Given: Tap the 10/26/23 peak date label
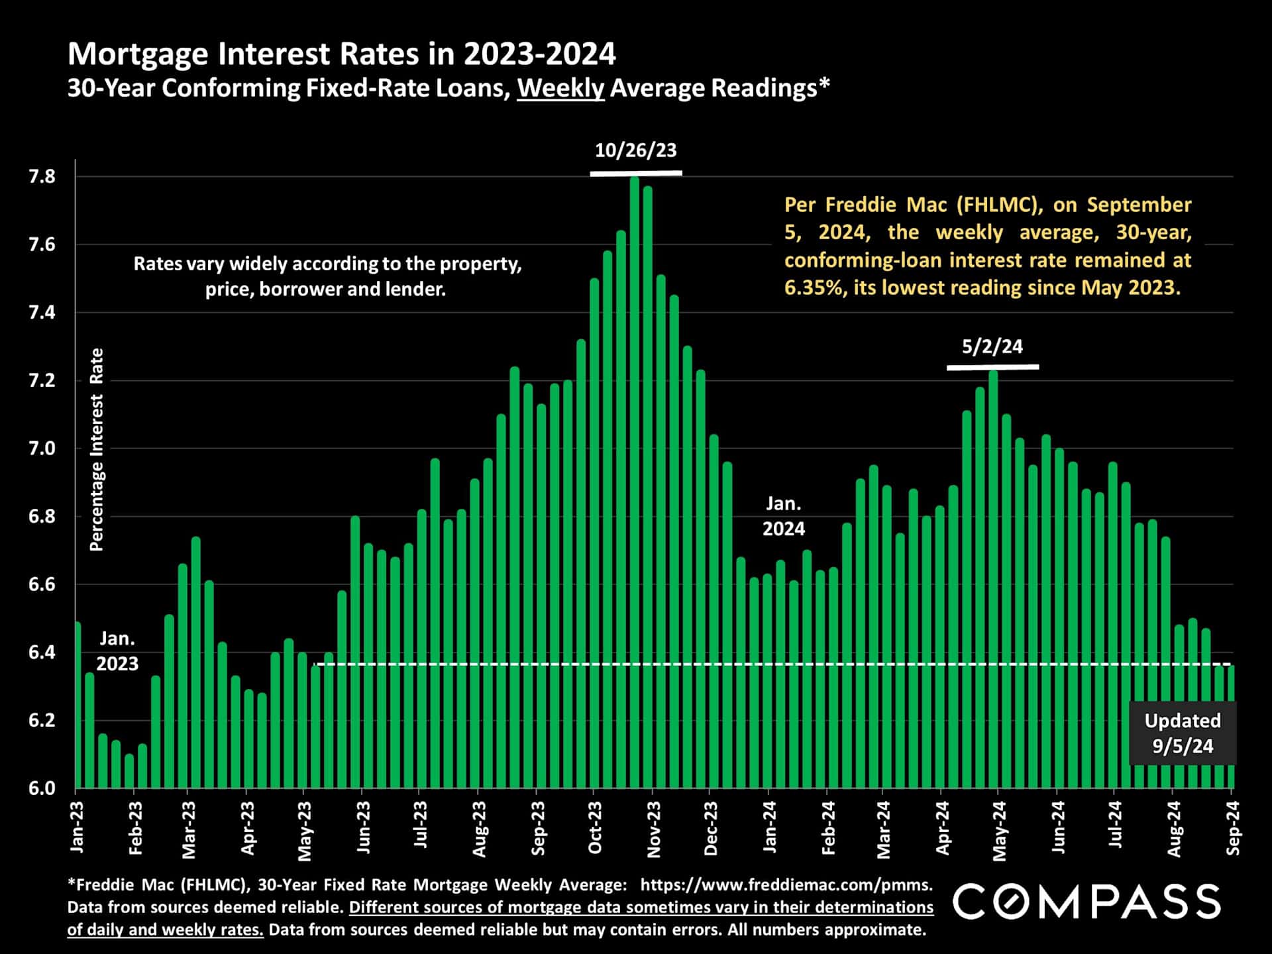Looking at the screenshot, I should tap(635, 150).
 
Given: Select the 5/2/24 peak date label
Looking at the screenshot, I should tap(992, 346).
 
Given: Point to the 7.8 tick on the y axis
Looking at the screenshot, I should tap(42, 177).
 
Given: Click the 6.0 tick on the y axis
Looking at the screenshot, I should tap(42, 788).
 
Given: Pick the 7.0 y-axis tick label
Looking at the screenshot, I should tap(42, 449).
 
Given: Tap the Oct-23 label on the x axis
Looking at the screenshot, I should tap(595, 827).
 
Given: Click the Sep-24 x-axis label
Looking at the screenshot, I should tap(1233, 827).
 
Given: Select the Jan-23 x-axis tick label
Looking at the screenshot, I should tap(77, 827).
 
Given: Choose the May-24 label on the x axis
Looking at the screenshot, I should tap(999, 831).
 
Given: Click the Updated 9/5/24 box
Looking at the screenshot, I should tap(1182, 733).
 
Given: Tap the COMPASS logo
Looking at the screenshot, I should tap(1086, 902).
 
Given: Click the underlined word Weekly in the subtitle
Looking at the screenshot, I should tap(560, 88).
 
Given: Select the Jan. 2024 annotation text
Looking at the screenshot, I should tap(783, 516).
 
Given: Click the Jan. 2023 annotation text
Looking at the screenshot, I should tap(117, 651).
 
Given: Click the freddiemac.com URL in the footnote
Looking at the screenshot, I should tap(786, 885).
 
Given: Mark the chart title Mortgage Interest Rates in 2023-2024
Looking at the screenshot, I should tap(342, 54).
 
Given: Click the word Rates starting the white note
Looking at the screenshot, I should tap(158, 264).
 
